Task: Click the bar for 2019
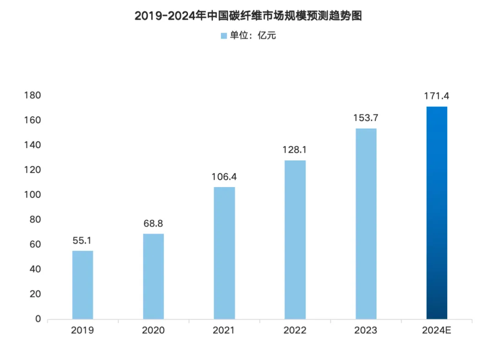click(x=82, y=285)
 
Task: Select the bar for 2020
click(x=153, y=276)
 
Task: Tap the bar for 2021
click(x=224, y=253)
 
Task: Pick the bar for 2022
click(x=295, y=239)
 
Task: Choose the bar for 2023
click(x=366, y=223)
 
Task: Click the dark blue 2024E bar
click(x=436, y=213)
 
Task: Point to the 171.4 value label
click(x=436, y=96)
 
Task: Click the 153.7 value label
click(x=366, y=118)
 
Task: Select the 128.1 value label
click(x=295, y=150)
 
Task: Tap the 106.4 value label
click(x=224, y=177)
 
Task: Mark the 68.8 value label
click(x=153, y=223)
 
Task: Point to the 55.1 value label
click(x=82, y=240)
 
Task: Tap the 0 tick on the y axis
click(x=38, y=319)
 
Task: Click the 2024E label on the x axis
click(x=436, y=331)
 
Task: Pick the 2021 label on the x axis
click(x=224, y=331)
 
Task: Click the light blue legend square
click(x=224, y=36)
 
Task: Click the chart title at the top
click(x=248, y=16)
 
